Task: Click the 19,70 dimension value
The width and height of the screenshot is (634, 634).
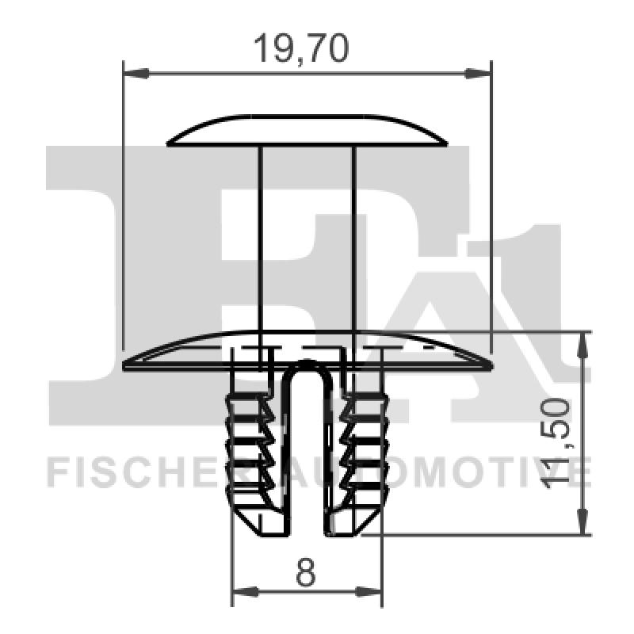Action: (300, 49)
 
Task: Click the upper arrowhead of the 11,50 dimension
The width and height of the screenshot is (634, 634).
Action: (584, 342)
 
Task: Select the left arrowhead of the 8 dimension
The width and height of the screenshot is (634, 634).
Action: (244, 591)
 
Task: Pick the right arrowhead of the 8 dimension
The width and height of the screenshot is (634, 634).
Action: (369, 591)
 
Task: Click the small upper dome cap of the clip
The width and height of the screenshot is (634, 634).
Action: (307, 132)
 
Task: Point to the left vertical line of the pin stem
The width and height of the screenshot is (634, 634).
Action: (261, 238)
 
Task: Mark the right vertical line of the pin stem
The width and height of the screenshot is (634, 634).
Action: (353, 238)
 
